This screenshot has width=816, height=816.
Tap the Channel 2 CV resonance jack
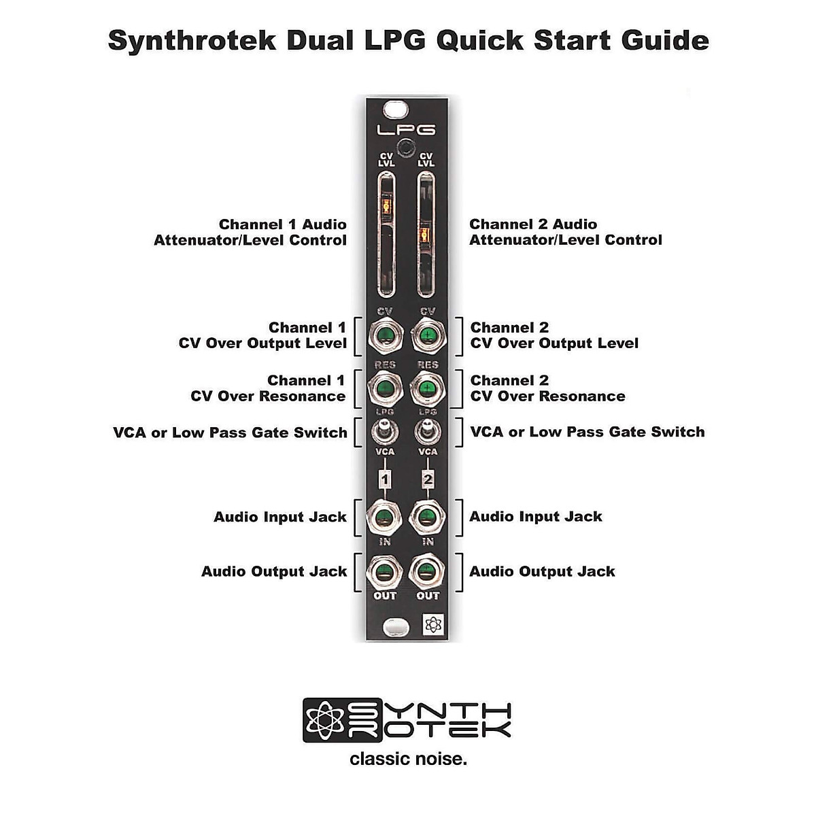(427, 389)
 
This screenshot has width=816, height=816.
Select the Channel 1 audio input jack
(385, 517)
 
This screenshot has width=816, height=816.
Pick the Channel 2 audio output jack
(427, 571)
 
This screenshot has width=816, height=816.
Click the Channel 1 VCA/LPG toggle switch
(385, 430)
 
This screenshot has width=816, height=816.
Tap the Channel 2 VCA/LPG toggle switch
(427, 430)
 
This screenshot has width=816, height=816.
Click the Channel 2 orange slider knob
(426, 235)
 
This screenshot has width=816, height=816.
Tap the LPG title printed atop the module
(406, 129)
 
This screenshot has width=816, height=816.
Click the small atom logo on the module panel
(432, 625)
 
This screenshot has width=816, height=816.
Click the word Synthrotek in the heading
(192, 41)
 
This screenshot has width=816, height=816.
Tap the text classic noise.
(408, 758)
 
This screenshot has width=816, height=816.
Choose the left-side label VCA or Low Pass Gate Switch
(230, 432)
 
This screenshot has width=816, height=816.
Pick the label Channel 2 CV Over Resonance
(547, 388)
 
